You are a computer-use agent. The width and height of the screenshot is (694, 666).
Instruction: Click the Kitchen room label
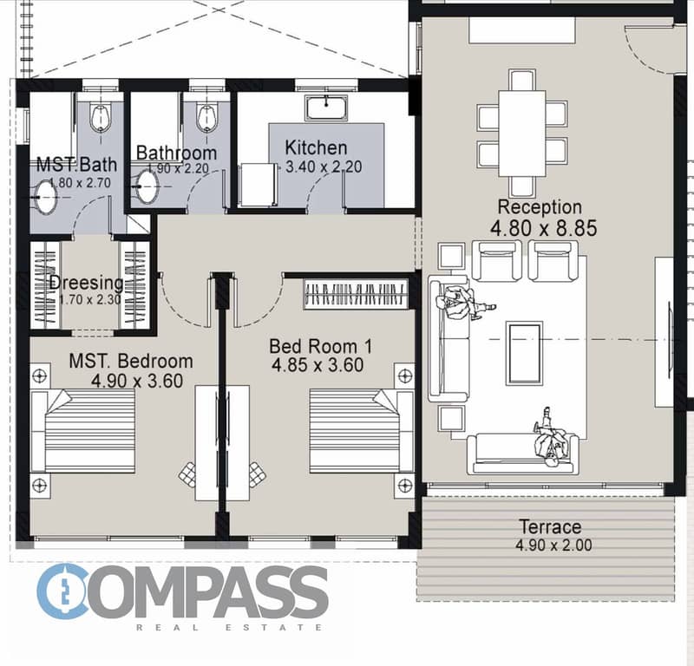point(316,147)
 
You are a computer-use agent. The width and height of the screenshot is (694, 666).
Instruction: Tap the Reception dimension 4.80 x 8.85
point(544,228)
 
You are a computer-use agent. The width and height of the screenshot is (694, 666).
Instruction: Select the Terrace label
point(550,526)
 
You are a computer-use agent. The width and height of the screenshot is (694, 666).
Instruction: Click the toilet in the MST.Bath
point(101,117)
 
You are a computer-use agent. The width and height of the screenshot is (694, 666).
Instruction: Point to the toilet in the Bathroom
point(206,117)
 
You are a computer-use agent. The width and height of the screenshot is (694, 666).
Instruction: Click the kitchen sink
point(326,108)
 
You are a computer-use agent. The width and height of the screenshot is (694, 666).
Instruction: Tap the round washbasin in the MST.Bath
point(46,198)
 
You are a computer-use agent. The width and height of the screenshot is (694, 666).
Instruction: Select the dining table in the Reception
point(522,134)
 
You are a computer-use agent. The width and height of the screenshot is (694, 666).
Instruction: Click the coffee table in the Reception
point(525,353)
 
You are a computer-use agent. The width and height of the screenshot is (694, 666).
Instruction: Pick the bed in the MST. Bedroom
point(82,431)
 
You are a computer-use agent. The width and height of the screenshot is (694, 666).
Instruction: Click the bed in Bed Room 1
point(362,431)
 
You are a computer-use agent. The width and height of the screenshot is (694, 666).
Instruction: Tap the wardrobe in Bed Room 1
point(356,294)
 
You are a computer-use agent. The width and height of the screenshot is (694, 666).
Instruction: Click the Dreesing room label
point(86,283)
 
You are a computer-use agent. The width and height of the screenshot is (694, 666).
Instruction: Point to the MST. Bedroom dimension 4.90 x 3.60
point(137,381)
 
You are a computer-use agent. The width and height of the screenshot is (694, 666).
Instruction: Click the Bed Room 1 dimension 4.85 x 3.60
point(318,365)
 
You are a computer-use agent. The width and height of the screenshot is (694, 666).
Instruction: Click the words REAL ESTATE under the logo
point(229,627)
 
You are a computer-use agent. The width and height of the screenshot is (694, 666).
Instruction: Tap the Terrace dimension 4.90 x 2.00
point(553,545)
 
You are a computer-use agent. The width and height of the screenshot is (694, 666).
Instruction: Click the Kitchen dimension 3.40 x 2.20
point(324,166)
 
